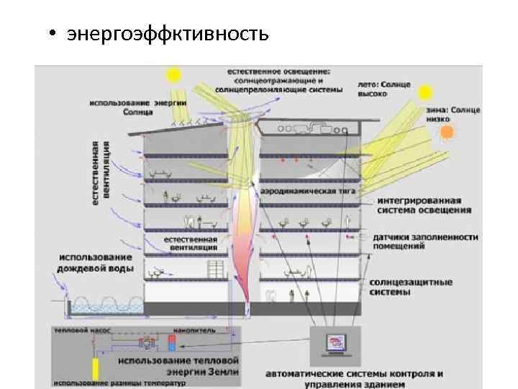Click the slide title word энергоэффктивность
click(x=168, y=33)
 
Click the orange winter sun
click(x=447, y=131)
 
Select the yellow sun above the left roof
click(x=173, y=75)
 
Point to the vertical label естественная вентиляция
click(x=101, y=171)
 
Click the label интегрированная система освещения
click(x=424, y=205)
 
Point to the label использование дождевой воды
click(x=95, y=263)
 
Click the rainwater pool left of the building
click(x=100, y=308)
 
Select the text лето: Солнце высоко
click(x=384, y=89)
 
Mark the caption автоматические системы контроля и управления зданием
click(x=354, y=378)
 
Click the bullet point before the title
click(x=54, y=34)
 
